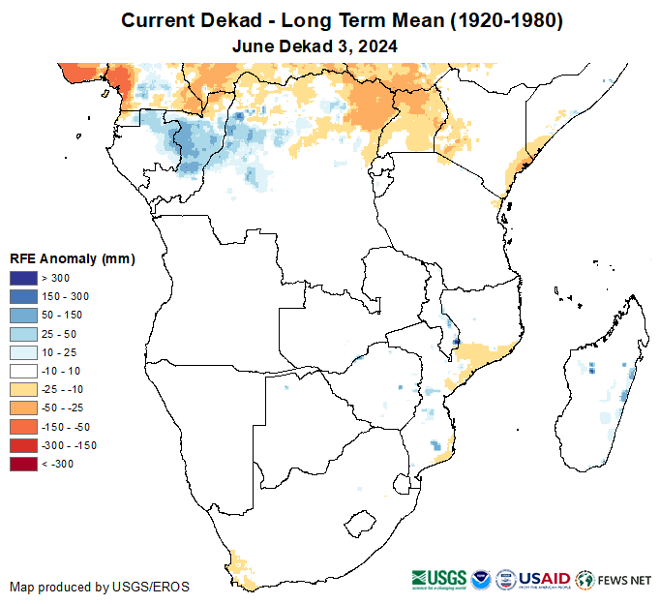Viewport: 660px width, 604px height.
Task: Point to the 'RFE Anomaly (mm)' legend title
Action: tap(72, 258)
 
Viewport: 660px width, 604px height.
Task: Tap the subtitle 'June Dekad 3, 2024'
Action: tap(315, 45)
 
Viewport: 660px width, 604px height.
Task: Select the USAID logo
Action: tap(546, 580)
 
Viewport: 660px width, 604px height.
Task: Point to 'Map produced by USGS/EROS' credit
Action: tap(100, 587)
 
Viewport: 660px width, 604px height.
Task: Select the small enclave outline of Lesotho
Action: tap(360, 525)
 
